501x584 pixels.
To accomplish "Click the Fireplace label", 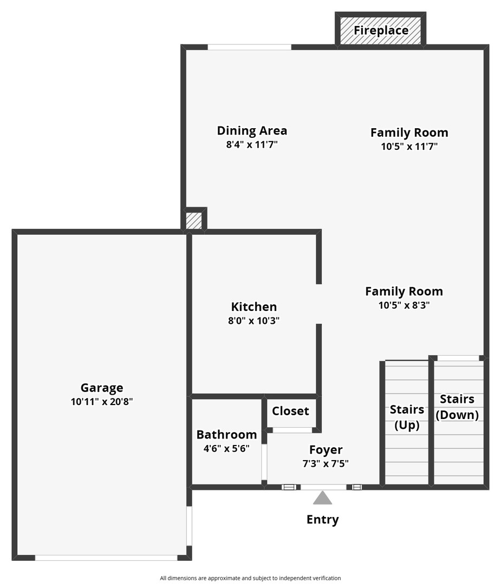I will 381,30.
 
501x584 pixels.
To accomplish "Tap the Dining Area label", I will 252,130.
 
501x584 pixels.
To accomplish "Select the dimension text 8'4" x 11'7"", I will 252,145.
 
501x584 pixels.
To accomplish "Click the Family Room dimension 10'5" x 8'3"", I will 404,305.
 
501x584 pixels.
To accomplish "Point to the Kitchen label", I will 254,307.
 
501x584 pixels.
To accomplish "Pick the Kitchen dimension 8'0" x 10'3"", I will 254,321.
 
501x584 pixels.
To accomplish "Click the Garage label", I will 102,388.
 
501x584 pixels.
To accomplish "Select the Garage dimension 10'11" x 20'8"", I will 102,402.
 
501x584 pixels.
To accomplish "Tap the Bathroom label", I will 226,434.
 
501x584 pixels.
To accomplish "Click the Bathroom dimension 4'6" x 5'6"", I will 226,448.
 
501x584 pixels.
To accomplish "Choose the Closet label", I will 290,411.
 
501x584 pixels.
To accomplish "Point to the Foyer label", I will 326,449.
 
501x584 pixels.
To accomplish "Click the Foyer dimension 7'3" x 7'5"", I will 326,463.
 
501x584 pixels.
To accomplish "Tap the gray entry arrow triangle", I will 322,498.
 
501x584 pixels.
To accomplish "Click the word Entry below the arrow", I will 322,520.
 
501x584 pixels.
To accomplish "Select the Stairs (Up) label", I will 407,417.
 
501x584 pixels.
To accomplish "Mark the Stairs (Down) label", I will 457,407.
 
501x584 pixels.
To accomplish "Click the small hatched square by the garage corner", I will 193,221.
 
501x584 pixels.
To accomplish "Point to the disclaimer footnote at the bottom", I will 250,578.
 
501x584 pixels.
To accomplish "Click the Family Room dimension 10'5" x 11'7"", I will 409,146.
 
